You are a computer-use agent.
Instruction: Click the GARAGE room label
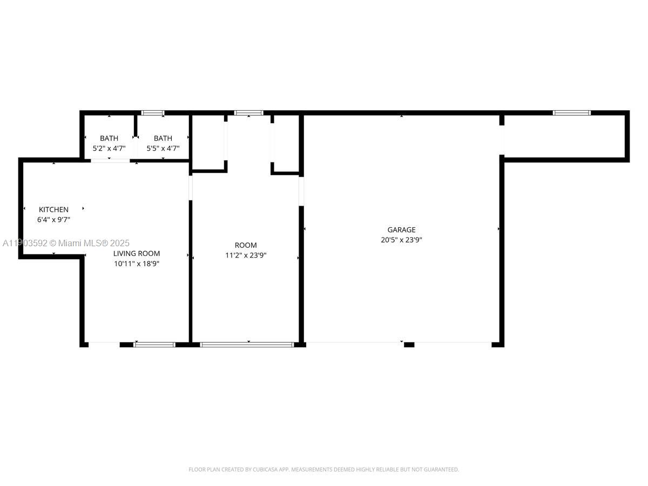401,230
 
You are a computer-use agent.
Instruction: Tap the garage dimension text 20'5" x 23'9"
401,240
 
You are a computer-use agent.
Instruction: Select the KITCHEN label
53,210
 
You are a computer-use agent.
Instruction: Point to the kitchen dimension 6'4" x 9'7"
53,220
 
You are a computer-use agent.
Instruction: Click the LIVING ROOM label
136,253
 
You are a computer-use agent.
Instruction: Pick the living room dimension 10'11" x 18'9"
136,264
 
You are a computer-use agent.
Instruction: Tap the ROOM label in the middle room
246,245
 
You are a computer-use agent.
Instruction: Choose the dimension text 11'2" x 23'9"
246,255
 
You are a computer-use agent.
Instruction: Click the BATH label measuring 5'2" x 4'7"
109,138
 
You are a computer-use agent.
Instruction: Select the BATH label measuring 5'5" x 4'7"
163,138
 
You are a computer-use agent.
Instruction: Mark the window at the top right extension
571,113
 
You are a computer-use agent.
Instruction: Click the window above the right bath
153,113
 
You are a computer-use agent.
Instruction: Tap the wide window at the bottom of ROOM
247,344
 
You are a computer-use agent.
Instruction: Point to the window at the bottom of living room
154,344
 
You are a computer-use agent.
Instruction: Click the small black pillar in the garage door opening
409,344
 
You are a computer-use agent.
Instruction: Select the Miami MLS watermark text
66,244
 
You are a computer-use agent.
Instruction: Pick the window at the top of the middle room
248,113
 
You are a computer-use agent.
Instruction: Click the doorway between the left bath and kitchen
110,160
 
